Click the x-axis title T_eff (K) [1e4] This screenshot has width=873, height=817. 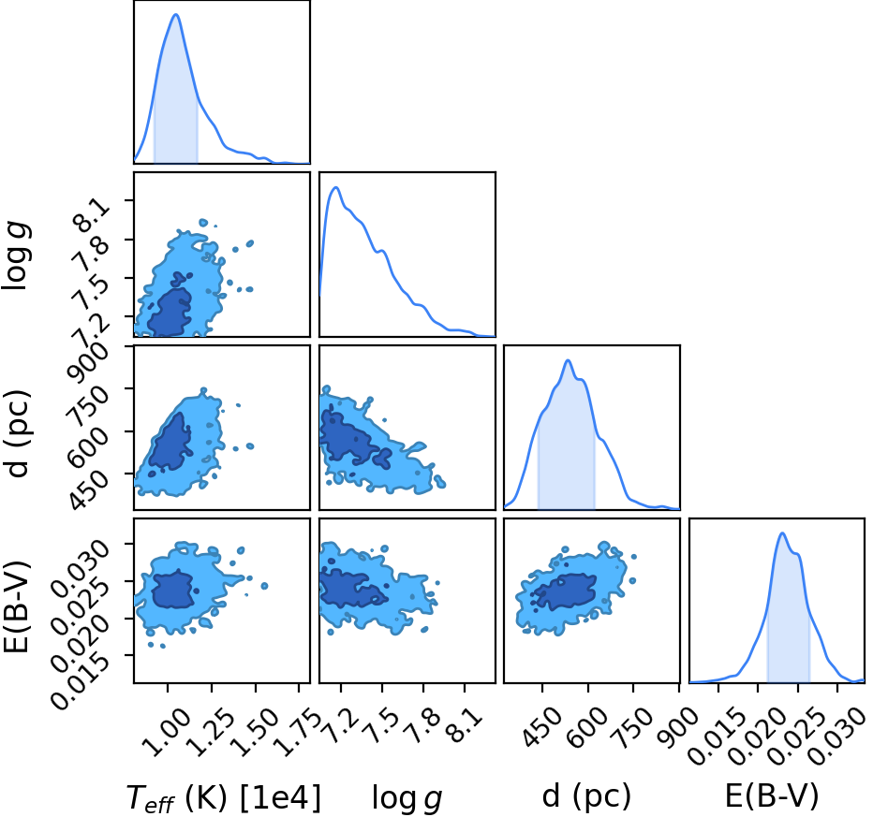tap(224, 798)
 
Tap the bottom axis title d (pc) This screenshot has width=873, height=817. tap(586, 796)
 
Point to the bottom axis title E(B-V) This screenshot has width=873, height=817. tap(772, 795)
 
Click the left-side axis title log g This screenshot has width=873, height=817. tap(17, 255)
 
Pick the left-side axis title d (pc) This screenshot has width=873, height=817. tap(18, 434)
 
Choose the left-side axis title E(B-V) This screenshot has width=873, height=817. tap(18, 605)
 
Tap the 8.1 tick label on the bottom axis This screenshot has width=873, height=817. tap(463, 725)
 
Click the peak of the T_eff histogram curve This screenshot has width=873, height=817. tap(176, 14)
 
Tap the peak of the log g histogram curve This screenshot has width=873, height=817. tap(335, 187)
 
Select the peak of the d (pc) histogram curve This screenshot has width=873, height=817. tap(568, 360)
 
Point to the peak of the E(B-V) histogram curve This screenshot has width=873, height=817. tap(782, 533)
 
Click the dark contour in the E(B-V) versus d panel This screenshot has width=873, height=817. tap(565, 591)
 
